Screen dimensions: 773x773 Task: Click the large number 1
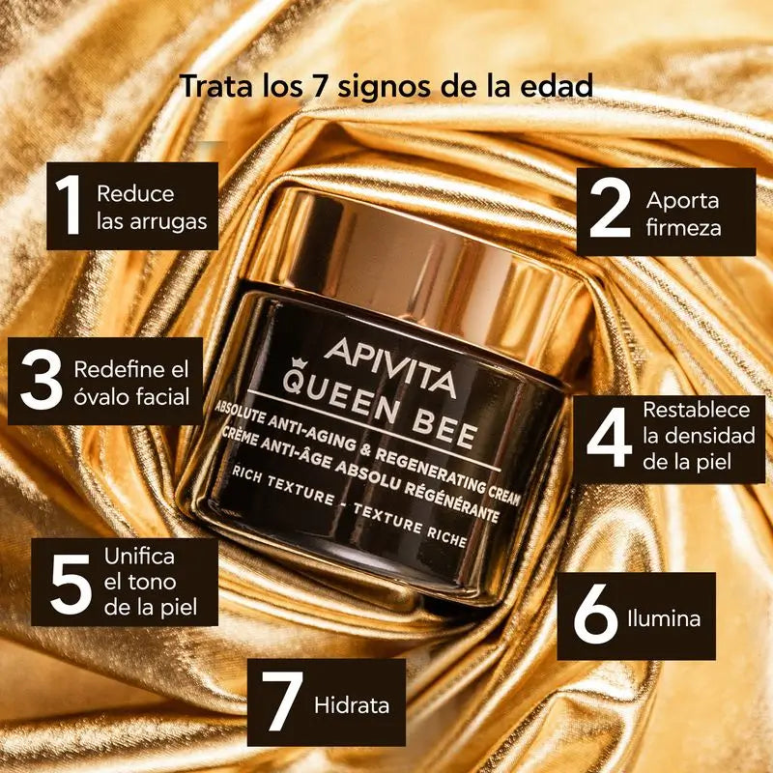coord(70,206)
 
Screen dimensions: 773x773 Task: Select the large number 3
coord(43,382)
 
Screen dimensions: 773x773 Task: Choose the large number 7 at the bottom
coord(281,703)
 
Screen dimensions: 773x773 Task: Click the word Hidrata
coord(352,704)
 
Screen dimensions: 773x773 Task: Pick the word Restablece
coord(690,409)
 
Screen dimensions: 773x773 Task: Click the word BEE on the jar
coord(440,427)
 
